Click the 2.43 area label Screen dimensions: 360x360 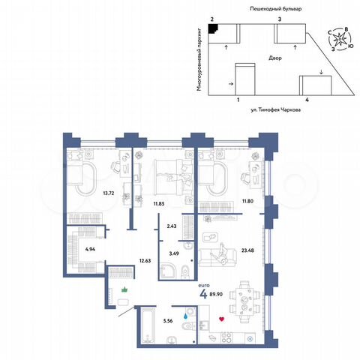tap(172, 226)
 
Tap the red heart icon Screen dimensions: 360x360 tap(221, 320)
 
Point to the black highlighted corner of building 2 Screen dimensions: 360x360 tap(213, 28)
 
